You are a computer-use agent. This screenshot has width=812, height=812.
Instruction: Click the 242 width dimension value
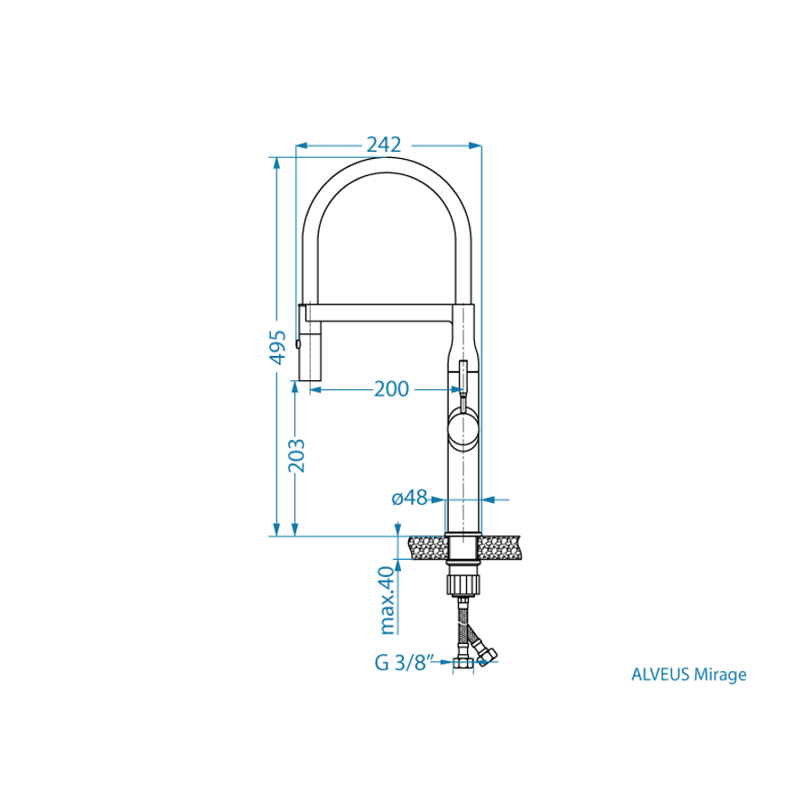tap(384, 145)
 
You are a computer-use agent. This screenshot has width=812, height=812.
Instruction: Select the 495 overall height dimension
tap(278, 347)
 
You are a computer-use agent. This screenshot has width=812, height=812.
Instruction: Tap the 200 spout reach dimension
tap(391, 389)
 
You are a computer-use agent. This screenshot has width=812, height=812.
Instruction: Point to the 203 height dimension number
tap(296, 456)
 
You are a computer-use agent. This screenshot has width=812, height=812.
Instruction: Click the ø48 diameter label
tap(410, 498)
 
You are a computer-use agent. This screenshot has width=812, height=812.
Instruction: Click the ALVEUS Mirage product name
tap(689, 674)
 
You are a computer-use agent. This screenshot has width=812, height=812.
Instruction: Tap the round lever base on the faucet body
tap(463, 428)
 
